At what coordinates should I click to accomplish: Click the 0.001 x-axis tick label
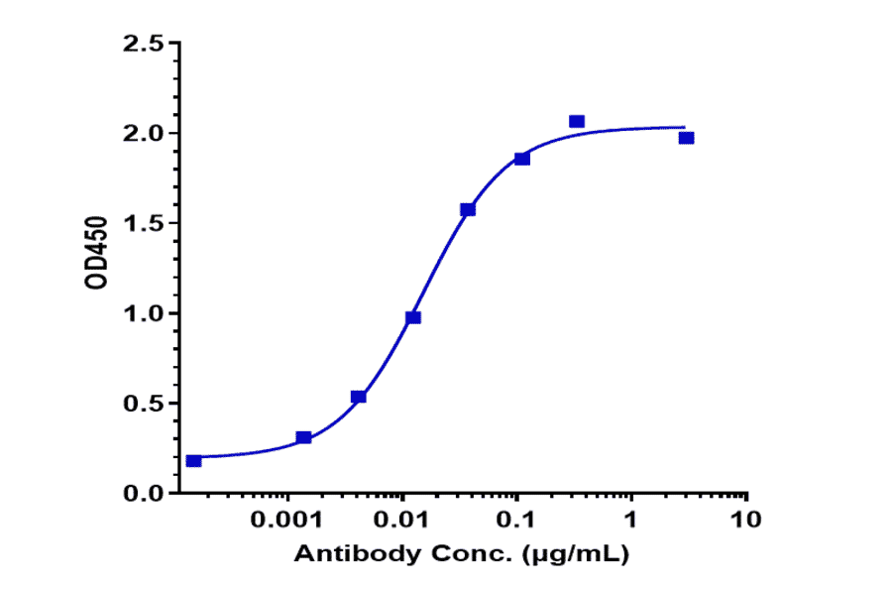(288, 520)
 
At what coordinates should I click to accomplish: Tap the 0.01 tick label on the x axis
(402, 520)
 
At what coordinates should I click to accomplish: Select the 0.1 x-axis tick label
(516, 520)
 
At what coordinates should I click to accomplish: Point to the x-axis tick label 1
(631, 520)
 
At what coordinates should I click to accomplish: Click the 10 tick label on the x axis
(745, 520)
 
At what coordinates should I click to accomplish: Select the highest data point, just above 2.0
(577, 122)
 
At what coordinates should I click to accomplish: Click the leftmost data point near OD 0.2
(194, 461)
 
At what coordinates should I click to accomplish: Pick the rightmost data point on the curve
(687, 138)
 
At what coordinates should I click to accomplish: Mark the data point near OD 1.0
(413, 317)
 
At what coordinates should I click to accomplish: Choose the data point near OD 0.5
(359, 397)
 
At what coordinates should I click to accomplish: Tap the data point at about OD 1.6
(468, 209)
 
